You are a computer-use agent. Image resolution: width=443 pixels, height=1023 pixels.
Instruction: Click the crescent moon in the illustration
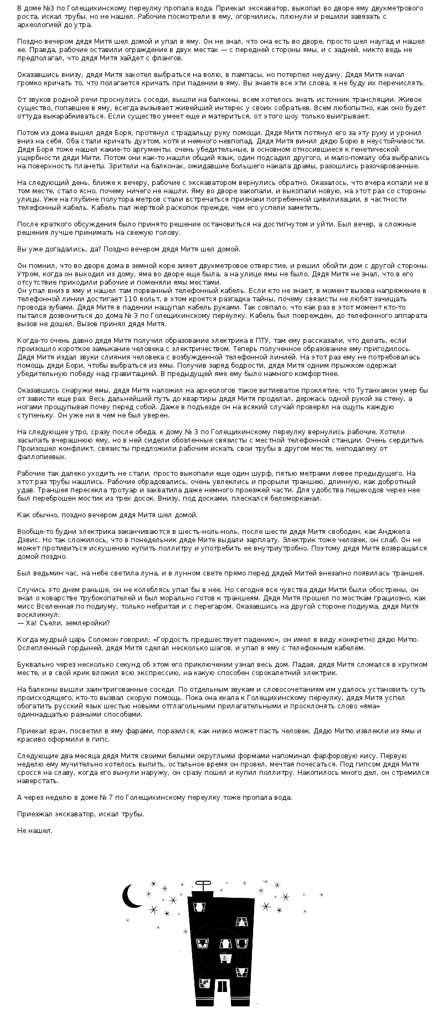(131, 896)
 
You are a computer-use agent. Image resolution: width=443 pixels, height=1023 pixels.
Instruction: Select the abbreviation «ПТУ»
(262, 340)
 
